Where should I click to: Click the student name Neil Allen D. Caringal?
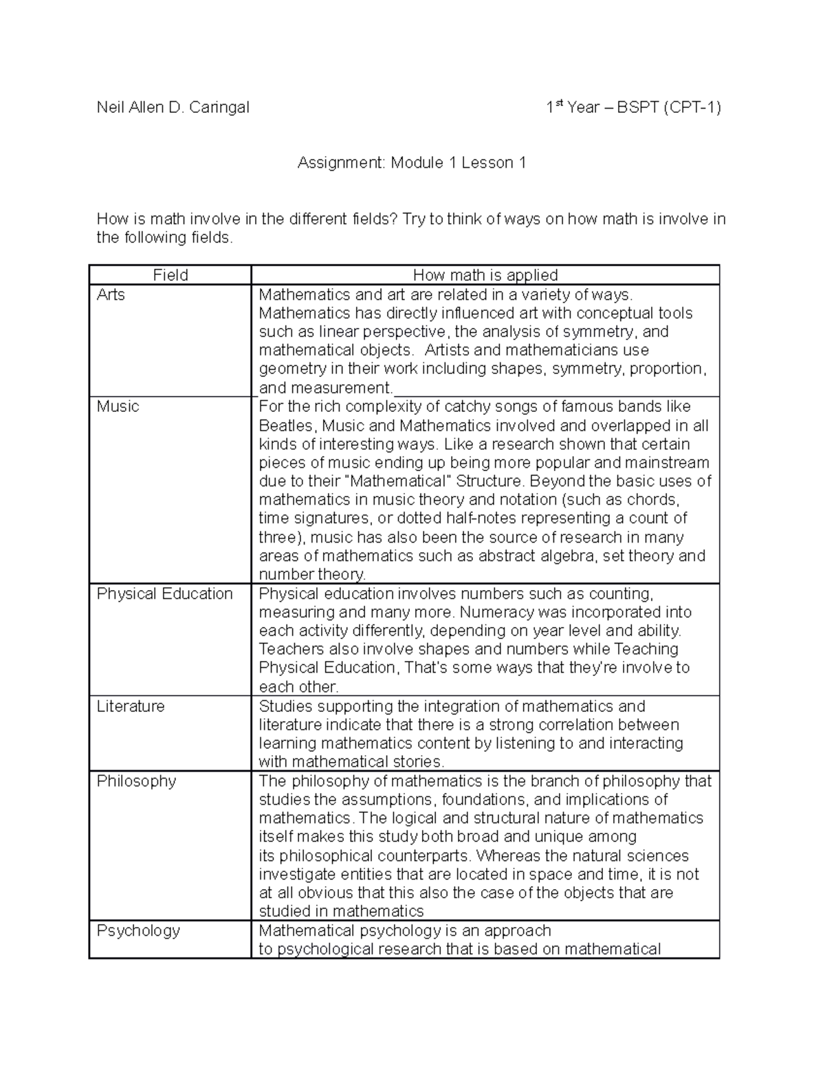click(x=173, y=107)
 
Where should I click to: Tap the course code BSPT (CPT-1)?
click(x=669, y=107)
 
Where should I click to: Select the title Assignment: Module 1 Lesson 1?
click(x=412, y=163)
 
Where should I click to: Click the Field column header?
click(x=170, y=275)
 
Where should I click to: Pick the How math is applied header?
click(x=485, y=275)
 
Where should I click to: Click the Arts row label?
click(x=111, y=295)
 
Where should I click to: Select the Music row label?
click(x=118, y=406)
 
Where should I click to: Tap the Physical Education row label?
click(x=164, y=593)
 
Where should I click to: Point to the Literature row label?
click(x=131, y=706)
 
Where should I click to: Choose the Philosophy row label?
click(x=136, y=781)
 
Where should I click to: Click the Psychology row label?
click(x=138, y=930)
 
